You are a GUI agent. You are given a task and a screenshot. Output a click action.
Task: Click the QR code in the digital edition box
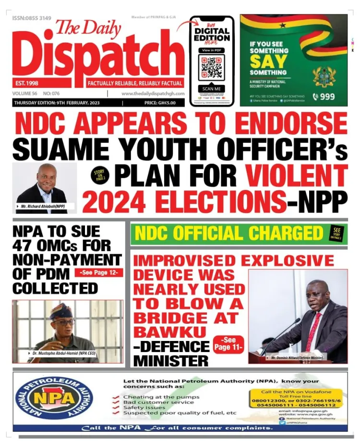point(211,69)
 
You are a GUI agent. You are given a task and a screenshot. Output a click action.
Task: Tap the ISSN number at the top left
point(32,18)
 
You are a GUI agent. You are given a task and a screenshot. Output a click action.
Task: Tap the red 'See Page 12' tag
point(98,273)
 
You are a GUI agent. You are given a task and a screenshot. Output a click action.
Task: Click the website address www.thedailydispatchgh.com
point(154,94)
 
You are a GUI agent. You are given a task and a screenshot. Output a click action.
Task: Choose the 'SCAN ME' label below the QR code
point(211,89)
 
